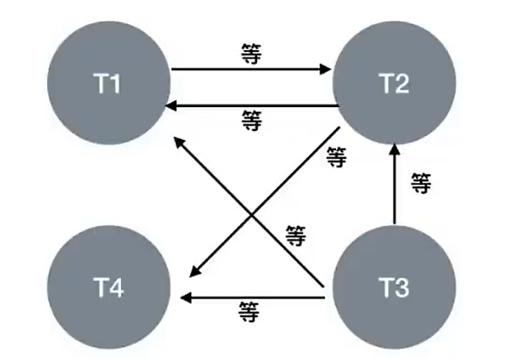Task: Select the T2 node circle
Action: pos(394,85)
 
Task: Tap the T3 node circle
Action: pos(394,288)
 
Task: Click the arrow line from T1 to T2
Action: pos(247,69)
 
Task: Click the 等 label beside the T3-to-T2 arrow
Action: pos(420,183)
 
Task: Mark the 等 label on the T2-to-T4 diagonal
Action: pos(336,157)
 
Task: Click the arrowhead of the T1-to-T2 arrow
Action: pos(325,69)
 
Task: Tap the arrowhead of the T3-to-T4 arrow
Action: pos(189,296)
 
